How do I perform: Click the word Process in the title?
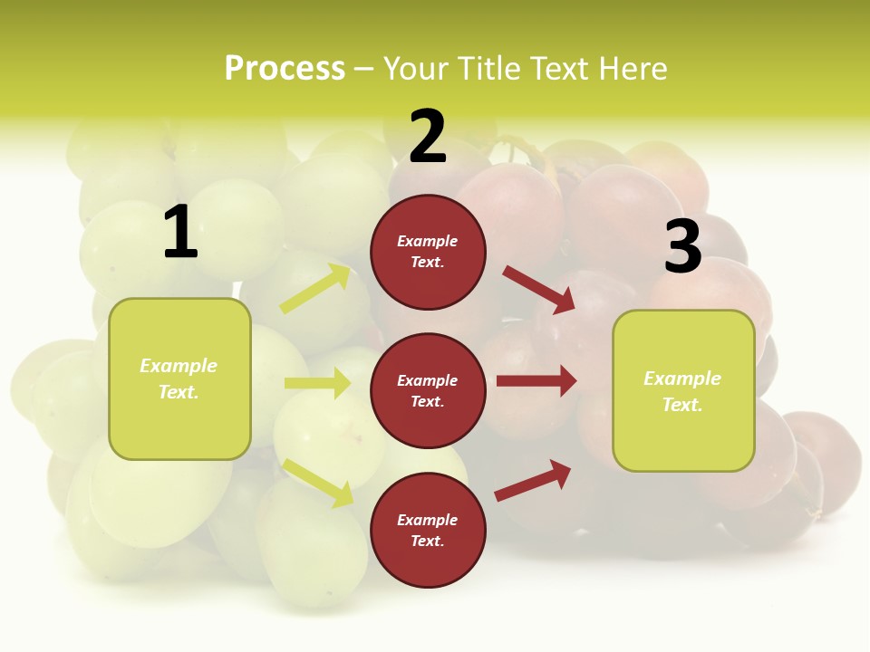point(285,69)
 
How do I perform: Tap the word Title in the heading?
point(488,69)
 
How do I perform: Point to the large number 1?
point(180,233)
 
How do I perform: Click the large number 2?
point(428,137)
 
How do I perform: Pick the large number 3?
point(682,247)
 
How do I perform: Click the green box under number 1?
point(179,379)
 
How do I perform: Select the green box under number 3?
point(683,390)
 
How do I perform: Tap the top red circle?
point(428,252)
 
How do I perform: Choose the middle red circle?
point(428,390)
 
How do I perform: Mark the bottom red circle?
point(428,530)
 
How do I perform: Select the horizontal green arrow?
point(317,383)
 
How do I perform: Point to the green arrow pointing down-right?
point(318,483)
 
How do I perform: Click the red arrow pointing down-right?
point(538,289)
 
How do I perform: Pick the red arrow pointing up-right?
point(533,480)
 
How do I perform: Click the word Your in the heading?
point(417,69)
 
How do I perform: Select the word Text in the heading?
point(558,69)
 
